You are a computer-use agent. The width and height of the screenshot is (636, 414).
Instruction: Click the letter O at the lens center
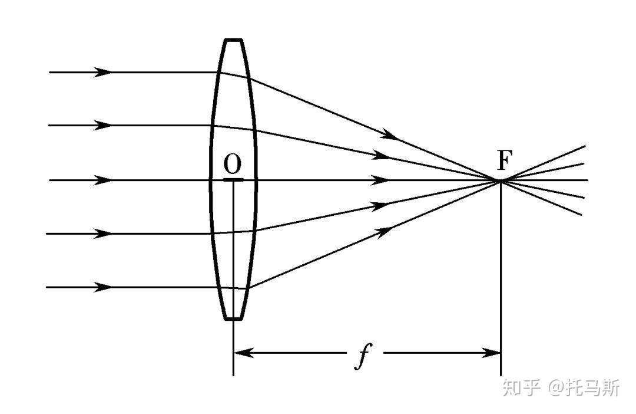[233, 164]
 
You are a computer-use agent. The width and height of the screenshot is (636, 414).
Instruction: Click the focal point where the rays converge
[501, 180]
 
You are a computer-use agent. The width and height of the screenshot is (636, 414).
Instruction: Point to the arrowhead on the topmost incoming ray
[104, 72]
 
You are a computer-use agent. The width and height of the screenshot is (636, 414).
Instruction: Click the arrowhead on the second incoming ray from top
[104, 125]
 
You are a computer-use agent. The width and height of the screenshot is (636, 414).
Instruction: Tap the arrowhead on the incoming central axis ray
[104, 180]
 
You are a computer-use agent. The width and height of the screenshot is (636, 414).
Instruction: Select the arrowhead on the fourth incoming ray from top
[104, 234]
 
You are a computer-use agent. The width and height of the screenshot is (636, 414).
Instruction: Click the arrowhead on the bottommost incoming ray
[104, 287]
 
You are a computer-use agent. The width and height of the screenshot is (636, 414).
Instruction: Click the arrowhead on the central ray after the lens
[381, 180]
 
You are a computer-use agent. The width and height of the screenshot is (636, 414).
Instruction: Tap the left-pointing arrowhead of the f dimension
[243, 353]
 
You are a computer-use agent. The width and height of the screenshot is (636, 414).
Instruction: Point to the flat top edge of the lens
[233, 40]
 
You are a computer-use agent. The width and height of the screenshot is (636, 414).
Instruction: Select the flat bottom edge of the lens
[233, 319]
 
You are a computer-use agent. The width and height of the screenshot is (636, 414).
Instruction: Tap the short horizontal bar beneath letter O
[233, 179]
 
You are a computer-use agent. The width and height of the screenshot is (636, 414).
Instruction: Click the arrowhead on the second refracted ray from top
[381, 156]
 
